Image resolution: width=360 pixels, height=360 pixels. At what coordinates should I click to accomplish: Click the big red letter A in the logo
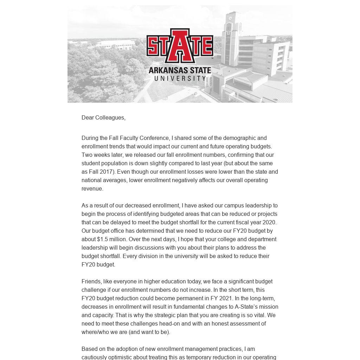[180, 46]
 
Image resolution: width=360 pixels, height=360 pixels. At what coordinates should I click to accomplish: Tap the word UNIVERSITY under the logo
[180, 78]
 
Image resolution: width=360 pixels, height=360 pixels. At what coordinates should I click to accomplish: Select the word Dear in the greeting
[88, 118]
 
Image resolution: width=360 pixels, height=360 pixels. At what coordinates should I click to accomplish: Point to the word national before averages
[92, 180]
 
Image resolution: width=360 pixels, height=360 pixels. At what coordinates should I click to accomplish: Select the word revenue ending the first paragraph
[92, 189]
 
